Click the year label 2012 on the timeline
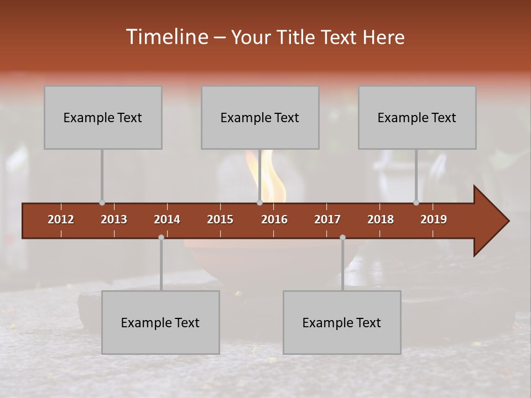point(61,219)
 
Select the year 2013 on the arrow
point(114,219)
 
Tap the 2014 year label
point(167,219)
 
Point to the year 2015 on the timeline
point(220,219)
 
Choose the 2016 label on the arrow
point(274,219)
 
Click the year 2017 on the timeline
point(327,219)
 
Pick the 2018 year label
point(381,219)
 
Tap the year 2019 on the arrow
point(434,219)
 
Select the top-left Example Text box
point(103,117)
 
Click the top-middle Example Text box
point(260,117)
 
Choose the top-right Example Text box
point(417,117)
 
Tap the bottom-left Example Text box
point(160,322)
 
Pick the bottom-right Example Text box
point(342,322)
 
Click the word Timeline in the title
point(166,37)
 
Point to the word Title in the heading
point(297,38)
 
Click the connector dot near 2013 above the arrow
point(102,203)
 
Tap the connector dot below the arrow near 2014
point(161,237)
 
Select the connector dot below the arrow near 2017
point(342,237)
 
